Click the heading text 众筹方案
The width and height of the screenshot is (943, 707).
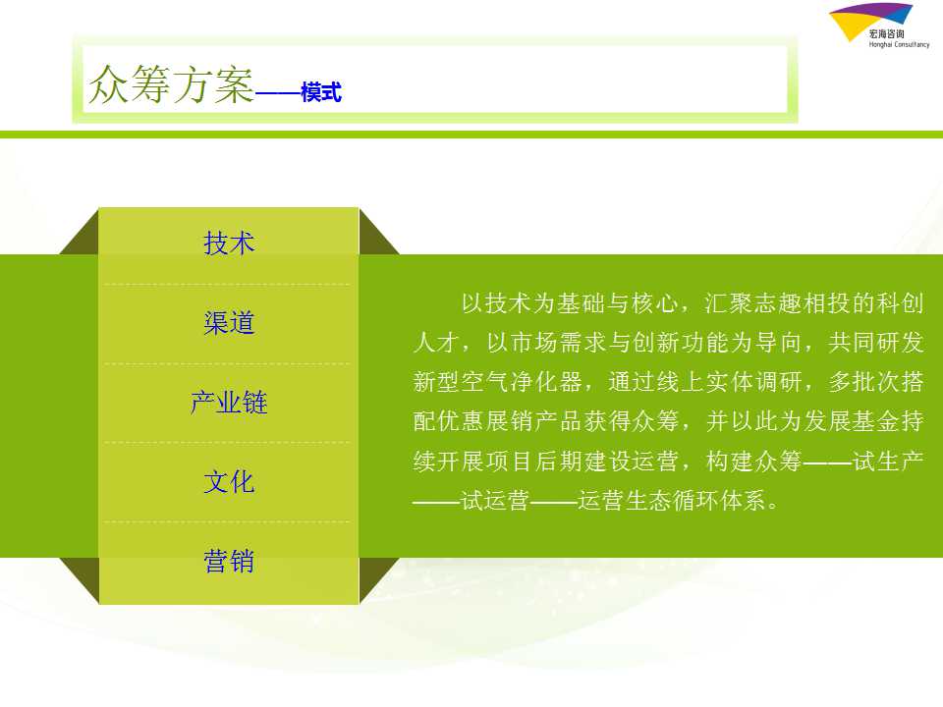point(172,84)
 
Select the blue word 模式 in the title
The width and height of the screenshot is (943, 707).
point(321,92)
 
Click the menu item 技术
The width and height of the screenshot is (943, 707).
point(229,244)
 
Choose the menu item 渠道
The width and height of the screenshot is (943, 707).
point(229,323)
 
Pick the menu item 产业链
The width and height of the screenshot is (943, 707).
point(229,403)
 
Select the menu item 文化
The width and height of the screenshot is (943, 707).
point(229,482)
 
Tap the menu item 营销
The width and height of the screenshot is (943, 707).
point(229,562)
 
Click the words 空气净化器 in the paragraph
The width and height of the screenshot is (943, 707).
point(522,382)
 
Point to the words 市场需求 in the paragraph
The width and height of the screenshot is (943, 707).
point(559,342)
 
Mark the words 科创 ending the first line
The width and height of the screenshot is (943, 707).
point(900,303)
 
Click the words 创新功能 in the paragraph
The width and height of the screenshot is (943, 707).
point(681,342)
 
